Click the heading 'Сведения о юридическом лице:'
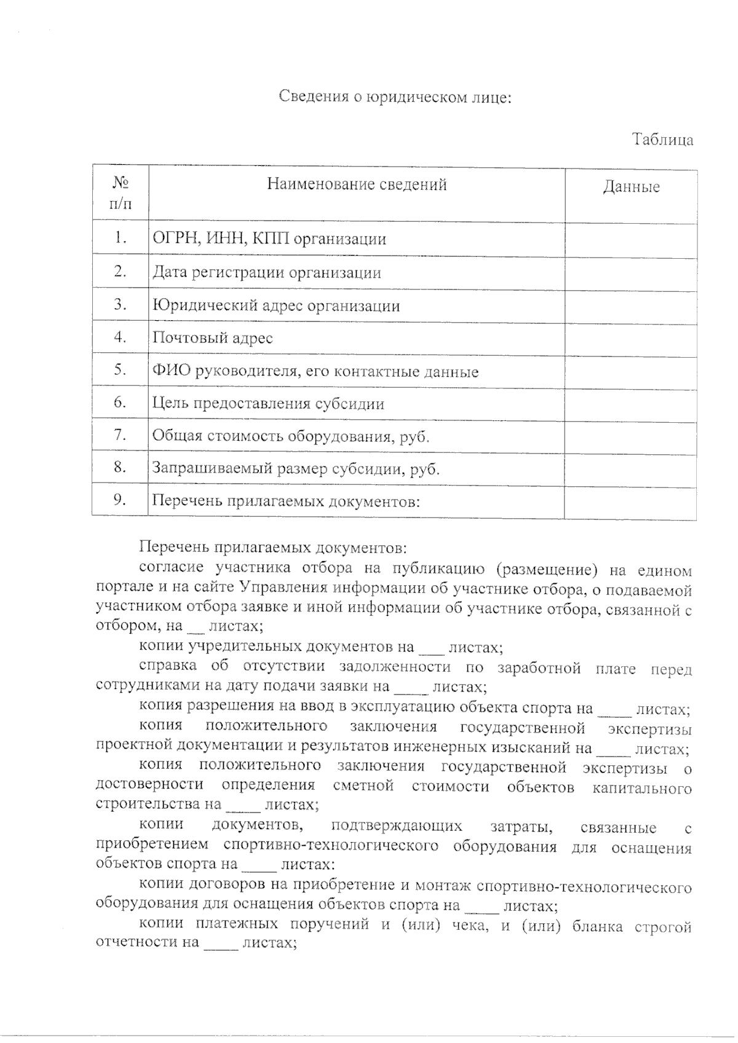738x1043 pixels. click(x=395, y=98)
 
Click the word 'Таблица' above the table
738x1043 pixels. click(x=663, y=140)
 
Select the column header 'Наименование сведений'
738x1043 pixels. click(x=357, y=184)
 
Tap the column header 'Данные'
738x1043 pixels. click(x=631, y=187)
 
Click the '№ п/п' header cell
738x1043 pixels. click(x=121, y=193)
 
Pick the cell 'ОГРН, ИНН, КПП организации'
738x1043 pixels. click(x=269, y=239)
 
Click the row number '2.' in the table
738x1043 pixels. click(x=121, y=271)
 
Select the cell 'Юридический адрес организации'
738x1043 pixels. click(x=276, y=306)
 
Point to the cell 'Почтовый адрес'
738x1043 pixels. click(x=213, y=338)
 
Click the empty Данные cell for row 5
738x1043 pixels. click(x=631, y=371)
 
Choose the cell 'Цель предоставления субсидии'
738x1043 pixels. click(x=268, y=404)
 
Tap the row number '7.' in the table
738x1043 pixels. click(x=121, y=435)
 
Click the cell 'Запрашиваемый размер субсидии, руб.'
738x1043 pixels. click(x=296, y=469)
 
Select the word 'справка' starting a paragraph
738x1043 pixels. click(x=168, y=666)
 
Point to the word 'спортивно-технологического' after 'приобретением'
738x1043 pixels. click(x=331, y=846)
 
